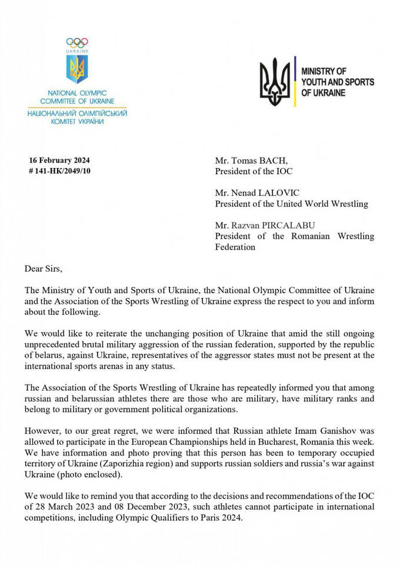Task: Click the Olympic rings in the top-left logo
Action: [x=77, y=42]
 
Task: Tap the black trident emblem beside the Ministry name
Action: [x=275, y=82]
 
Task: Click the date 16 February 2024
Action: [x=59, y=160]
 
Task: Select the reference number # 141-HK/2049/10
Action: [x=60, y=171]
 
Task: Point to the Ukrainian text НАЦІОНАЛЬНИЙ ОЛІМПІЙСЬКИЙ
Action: [x=77, y=112]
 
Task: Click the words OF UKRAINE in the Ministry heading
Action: [x=324, y=93]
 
